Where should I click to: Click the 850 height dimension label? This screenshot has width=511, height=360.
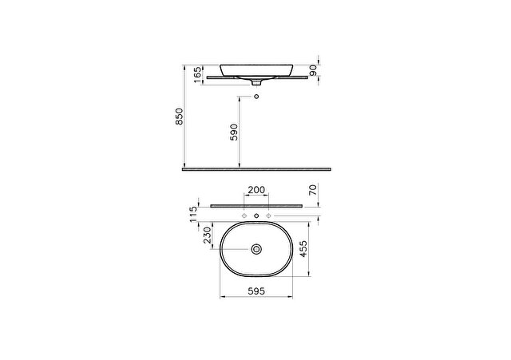coord(180,117)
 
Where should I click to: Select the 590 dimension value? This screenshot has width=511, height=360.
coord(234,132)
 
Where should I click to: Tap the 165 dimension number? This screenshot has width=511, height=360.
coord(198,75)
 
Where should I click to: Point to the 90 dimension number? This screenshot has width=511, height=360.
coord(313,70)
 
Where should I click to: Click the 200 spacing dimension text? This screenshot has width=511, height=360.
coord(256,190)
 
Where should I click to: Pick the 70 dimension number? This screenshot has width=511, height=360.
coord(313,189)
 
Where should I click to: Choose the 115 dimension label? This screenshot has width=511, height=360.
coord(193,214)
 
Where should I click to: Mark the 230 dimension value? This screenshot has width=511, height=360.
coord(208,235)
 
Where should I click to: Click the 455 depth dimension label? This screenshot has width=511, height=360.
coord(303,249)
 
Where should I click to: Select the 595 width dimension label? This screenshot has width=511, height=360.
coord(256,291)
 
